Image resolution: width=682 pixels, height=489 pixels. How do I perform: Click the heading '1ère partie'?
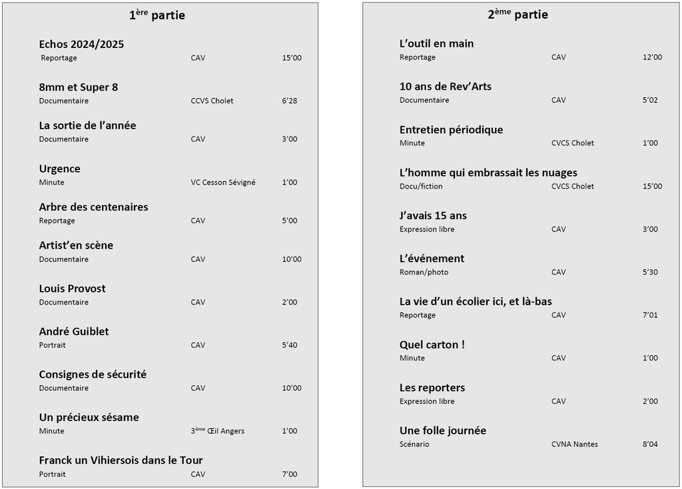point(157,15)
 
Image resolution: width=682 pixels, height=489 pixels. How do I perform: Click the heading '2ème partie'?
point(517,14)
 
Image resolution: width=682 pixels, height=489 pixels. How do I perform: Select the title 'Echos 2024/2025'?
point(81,45)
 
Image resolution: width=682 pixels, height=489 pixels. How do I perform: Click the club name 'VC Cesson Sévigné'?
point(223,183)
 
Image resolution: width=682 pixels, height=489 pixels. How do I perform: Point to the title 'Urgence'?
point(59,169)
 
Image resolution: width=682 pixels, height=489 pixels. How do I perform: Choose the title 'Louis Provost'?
point(72,288)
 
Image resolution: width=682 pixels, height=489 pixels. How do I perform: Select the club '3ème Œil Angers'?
point(217,431)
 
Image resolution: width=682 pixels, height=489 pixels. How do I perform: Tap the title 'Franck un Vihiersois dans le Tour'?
point(121,460)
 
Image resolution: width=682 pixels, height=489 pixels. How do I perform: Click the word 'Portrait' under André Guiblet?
point(52,345)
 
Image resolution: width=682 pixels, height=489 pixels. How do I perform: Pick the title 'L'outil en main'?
point(436,44)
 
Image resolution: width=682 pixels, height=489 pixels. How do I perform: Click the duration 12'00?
point(652,57)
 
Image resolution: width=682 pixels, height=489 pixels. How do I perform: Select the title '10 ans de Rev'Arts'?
point(445,87)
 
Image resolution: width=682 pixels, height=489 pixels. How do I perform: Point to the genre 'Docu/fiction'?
point(421,187)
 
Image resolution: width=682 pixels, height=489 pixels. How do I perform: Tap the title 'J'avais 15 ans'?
point(433,216)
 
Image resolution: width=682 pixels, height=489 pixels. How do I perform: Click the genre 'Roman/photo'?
point(424,272)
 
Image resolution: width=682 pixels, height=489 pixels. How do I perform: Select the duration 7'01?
point(650,315)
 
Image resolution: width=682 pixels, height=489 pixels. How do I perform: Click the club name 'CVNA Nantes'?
point(574,444)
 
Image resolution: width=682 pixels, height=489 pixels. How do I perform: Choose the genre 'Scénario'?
point(414,444)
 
